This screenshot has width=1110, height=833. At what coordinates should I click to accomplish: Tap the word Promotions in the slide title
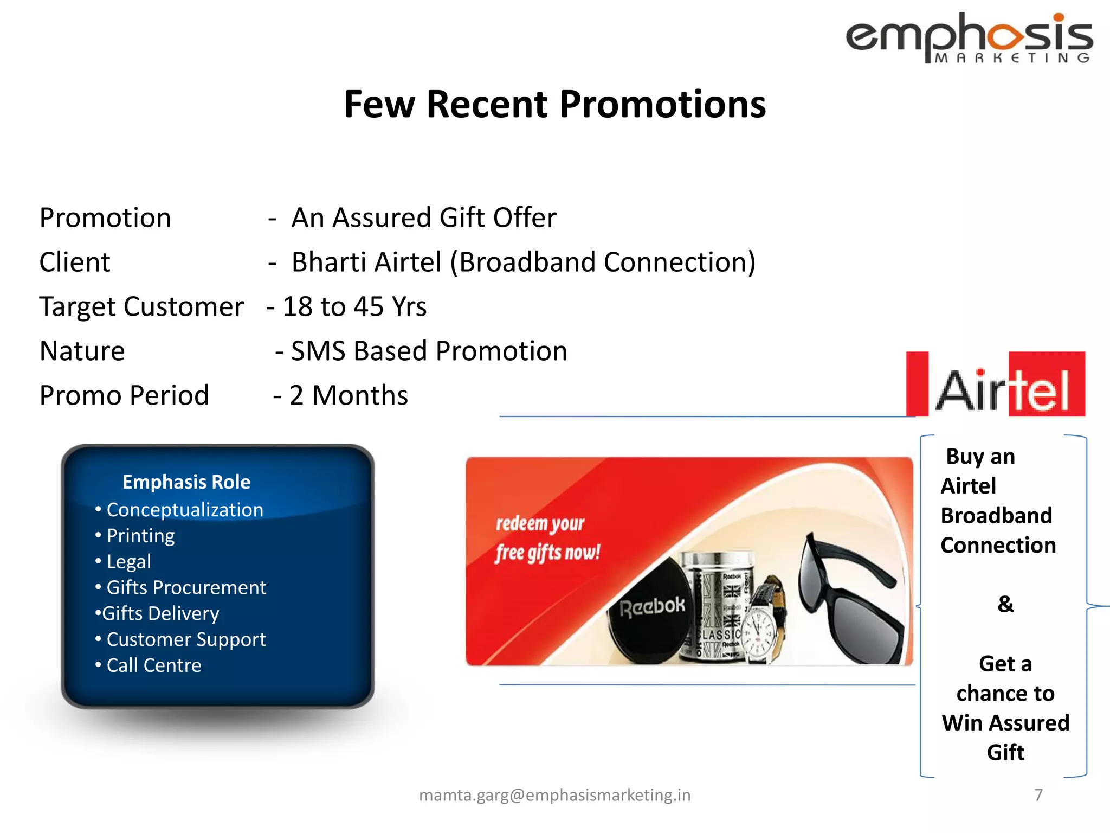tap(662, 104)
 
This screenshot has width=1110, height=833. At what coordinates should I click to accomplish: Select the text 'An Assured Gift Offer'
tap(423, 218)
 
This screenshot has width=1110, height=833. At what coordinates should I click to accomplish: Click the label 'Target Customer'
tap(141, 307)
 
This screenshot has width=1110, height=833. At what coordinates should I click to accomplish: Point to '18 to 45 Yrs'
tap(354, 307)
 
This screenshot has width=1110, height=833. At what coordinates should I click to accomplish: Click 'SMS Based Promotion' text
tap(429, 351)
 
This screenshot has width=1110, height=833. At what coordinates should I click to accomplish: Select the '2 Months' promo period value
tap(348, 396)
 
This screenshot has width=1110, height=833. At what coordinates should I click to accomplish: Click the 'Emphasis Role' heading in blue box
tap(186, 482)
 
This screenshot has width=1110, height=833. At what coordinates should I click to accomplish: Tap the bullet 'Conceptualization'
tap(184, 510)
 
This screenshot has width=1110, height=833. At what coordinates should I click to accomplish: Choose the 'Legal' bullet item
tap(128, 561)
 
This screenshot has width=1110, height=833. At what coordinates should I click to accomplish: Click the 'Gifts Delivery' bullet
tap(160, 613)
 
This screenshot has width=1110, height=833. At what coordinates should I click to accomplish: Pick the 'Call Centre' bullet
tap(153, 665)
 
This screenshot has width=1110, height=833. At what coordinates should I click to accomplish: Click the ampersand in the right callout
tap(1005, 604)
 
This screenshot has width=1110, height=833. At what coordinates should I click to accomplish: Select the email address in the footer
tap(554, 795)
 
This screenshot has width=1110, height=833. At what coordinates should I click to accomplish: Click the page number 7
tap(1038, 795)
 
